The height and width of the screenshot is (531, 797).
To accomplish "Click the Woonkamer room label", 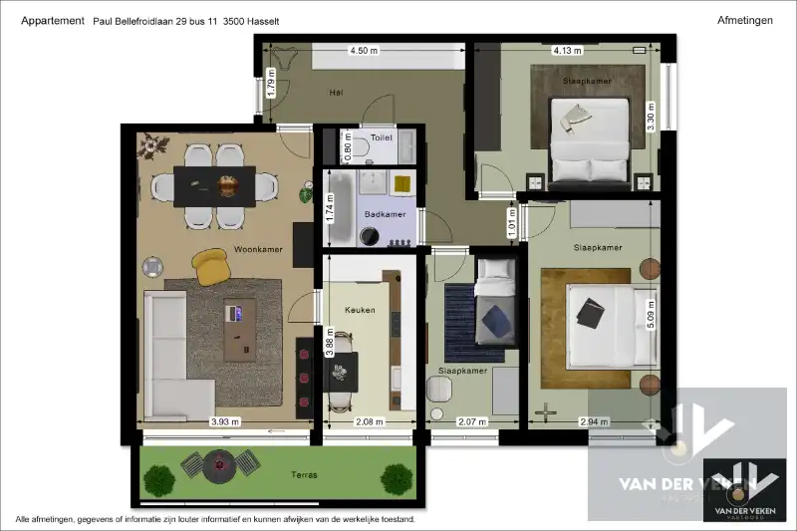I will [258, 249].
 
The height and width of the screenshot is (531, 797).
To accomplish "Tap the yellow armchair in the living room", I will [211, 263].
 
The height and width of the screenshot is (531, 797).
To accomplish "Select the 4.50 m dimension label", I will [364, 50].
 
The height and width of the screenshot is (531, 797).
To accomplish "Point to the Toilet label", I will [382, 138].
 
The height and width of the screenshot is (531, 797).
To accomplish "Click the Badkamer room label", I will [384, 213].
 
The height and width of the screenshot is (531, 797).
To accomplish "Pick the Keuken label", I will [360, 310].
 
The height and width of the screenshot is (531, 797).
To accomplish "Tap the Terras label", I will [305, 475].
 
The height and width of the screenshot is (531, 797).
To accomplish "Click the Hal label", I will [336, 93].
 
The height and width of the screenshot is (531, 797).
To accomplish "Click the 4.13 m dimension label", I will [567, 50].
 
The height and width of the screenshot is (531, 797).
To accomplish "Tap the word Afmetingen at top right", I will [744, 20].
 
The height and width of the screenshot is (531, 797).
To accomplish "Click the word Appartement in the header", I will [52, 20].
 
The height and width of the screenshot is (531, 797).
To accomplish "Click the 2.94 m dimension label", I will [595, 422].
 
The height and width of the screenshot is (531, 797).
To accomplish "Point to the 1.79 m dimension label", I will [271, 80].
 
